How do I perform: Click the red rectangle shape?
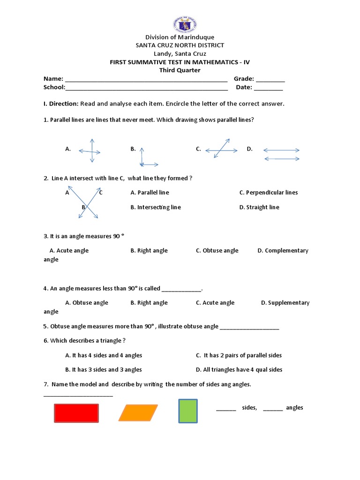point(76,413)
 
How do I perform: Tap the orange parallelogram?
point(138,413)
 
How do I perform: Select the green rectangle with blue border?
point(188,411)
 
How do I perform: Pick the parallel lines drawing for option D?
point(281,154)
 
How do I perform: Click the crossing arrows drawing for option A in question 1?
point(90,151)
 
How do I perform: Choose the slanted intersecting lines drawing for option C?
point(222,150)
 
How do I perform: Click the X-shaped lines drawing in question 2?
point(88,202)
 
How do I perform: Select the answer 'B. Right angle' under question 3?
point(149,251)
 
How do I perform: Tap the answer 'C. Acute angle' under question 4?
point(215,303)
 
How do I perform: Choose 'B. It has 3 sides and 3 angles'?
point(104,370)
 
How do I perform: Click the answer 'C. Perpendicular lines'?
point(268,193)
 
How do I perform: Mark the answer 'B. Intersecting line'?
point(155,207)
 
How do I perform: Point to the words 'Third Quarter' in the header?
point(180,70)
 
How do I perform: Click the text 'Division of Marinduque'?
point(180,37)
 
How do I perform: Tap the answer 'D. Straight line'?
point(259,207)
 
